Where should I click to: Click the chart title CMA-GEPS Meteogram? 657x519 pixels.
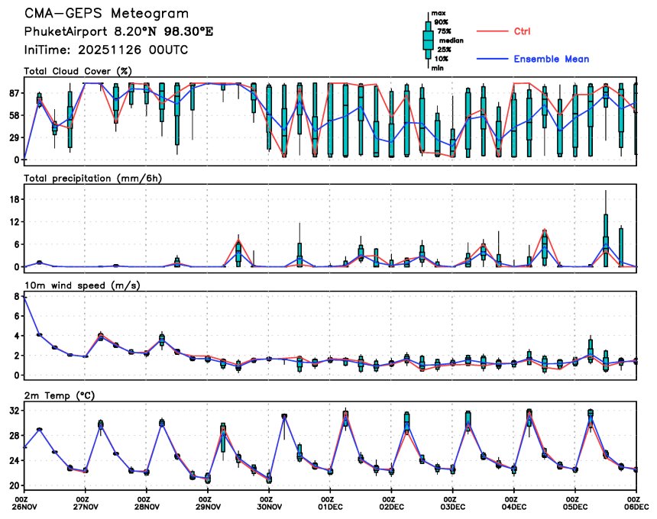[106, 15]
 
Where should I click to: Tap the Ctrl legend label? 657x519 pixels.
[523, 31]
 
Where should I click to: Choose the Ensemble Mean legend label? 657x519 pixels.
[551, 59]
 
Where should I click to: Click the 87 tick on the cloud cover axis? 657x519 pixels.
[14, 93]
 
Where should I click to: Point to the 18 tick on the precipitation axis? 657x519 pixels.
[14, 199]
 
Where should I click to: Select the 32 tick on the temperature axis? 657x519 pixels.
[14, 411]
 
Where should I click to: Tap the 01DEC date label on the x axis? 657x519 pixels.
[331, 506]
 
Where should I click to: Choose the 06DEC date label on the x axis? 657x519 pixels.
[636, 506]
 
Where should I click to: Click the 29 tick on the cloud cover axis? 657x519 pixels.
[14, 137]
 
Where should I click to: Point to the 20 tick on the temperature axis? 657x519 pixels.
[14, 485]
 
